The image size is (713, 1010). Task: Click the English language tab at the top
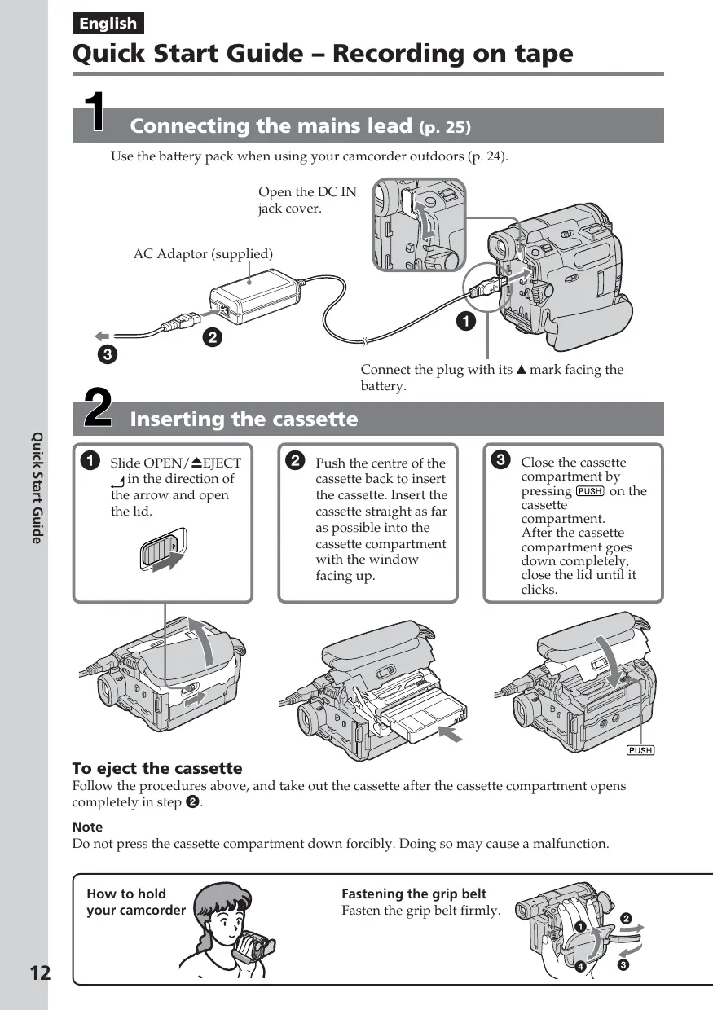(108, 24)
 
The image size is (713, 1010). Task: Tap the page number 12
(39, 973)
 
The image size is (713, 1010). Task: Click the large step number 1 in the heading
(96, 113)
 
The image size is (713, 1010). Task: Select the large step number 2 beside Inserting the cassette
(98, 408)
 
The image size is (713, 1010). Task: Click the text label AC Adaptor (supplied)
(203, 254)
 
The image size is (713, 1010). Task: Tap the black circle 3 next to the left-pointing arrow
(107, 354)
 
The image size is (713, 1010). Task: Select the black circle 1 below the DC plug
(465, 322)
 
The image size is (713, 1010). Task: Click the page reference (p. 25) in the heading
(445, 127)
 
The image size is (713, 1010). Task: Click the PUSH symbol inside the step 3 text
(589, 491)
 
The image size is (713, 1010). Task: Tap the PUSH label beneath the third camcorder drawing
(640, 750)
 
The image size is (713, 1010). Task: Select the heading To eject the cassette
(157, 768)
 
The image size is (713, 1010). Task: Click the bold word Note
(87, 827)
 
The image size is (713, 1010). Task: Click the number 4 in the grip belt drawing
(580, 967)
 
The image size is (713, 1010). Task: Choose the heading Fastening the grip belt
(413, 894)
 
